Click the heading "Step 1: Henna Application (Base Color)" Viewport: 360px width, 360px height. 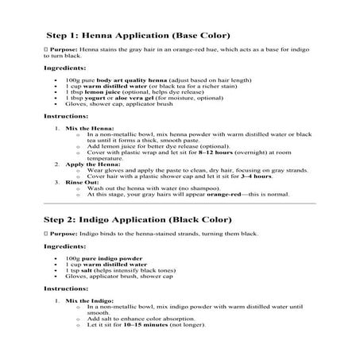click(138, 36)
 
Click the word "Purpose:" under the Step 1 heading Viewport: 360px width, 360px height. click(64, 49)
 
